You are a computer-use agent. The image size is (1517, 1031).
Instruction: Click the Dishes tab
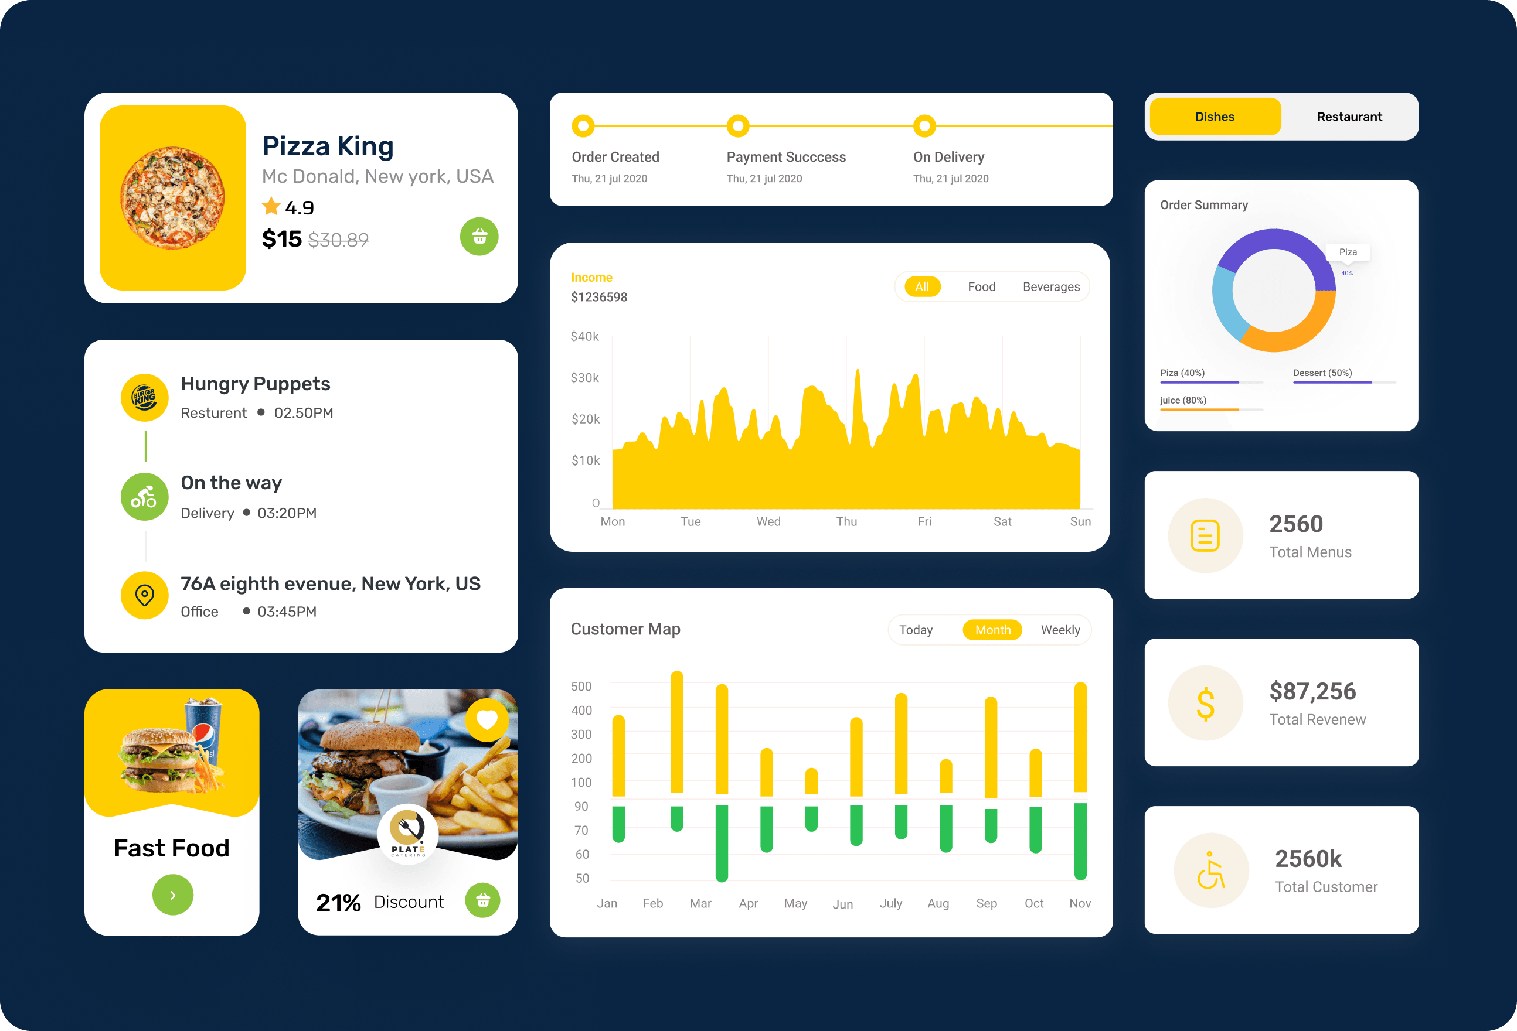click(1215, 117)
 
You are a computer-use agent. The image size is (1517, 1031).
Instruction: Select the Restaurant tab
click(1349, 117)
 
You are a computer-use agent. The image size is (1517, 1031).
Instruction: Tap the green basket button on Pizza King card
click(479, 236)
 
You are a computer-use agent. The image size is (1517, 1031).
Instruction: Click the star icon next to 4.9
click(271, 207)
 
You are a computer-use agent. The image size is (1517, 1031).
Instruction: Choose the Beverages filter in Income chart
click(1051, 286)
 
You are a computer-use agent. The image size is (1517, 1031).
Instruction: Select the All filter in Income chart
click(921, 286)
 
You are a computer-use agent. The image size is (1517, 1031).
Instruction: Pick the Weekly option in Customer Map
click(1060, 630)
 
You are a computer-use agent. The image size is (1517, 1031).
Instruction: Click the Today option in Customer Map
click(915, 630)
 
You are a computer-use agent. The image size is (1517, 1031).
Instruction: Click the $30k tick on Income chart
click(584, 378)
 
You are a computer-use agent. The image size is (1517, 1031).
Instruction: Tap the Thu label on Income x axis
click(846, 521)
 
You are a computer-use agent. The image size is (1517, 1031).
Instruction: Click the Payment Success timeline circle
click(737, 126)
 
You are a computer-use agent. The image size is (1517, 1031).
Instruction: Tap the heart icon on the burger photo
click(487, 720)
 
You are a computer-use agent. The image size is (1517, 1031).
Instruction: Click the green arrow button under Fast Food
click(172, 895)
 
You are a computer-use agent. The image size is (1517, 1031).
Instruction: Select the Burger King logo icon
click(144, 397)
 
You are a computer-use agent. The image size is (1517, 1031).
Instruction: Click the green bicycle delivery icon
click(144, 497)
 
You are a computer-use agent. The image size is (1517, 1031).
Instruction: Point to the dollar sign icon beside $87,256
click(1205, 704)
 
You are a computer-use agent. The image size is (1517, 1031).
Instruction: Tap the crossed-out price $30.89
click(338, 240)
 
